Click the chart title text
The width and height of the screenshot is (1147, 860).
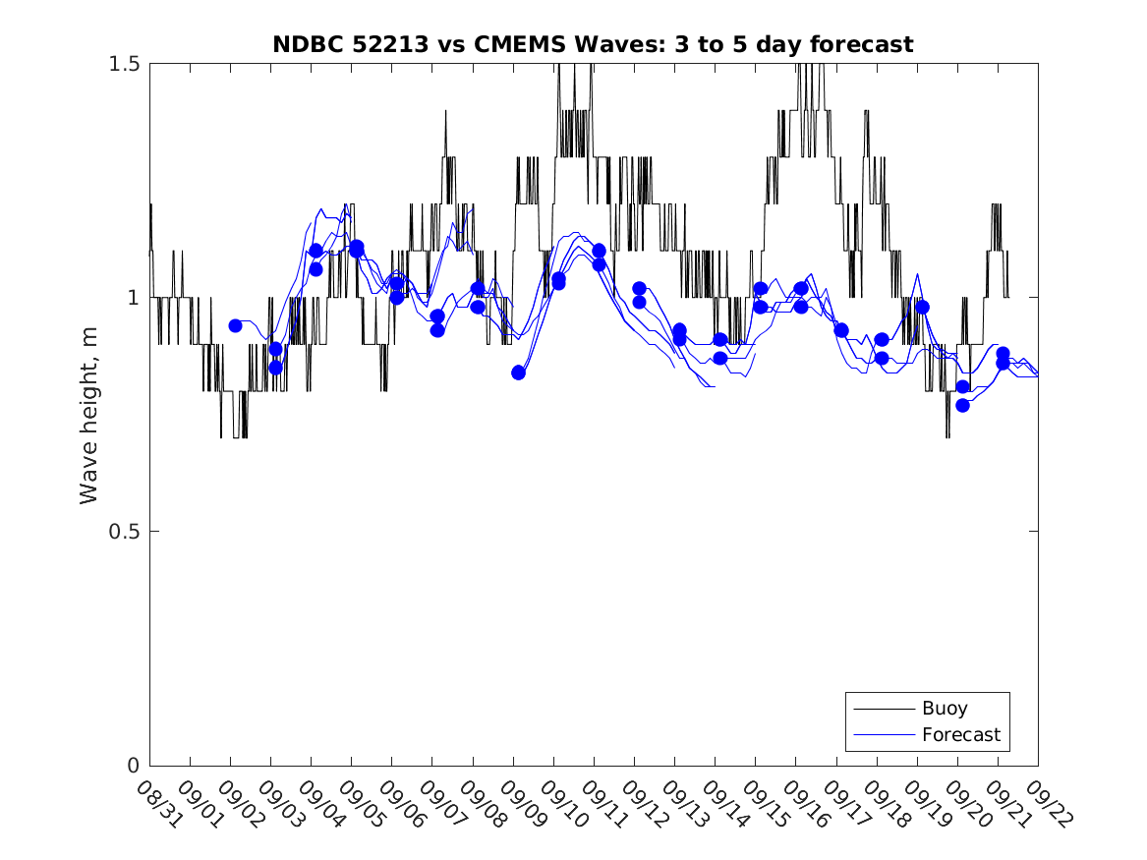pyautogui.click(x=593, y=44)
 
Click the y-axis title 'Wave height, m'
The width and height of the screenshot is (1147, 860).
pyautogui.click(x=89, y=414)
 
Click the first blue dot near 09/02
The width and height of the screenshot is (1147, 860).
pyautogui.click(x=235, y=325)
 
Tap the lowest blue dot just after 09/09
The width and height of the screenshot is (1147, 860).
pyautogui.click(x=518, y=373)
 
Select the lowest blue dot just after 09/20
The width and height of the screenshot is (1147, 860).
pyautogui.click(x=962, y=405)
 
